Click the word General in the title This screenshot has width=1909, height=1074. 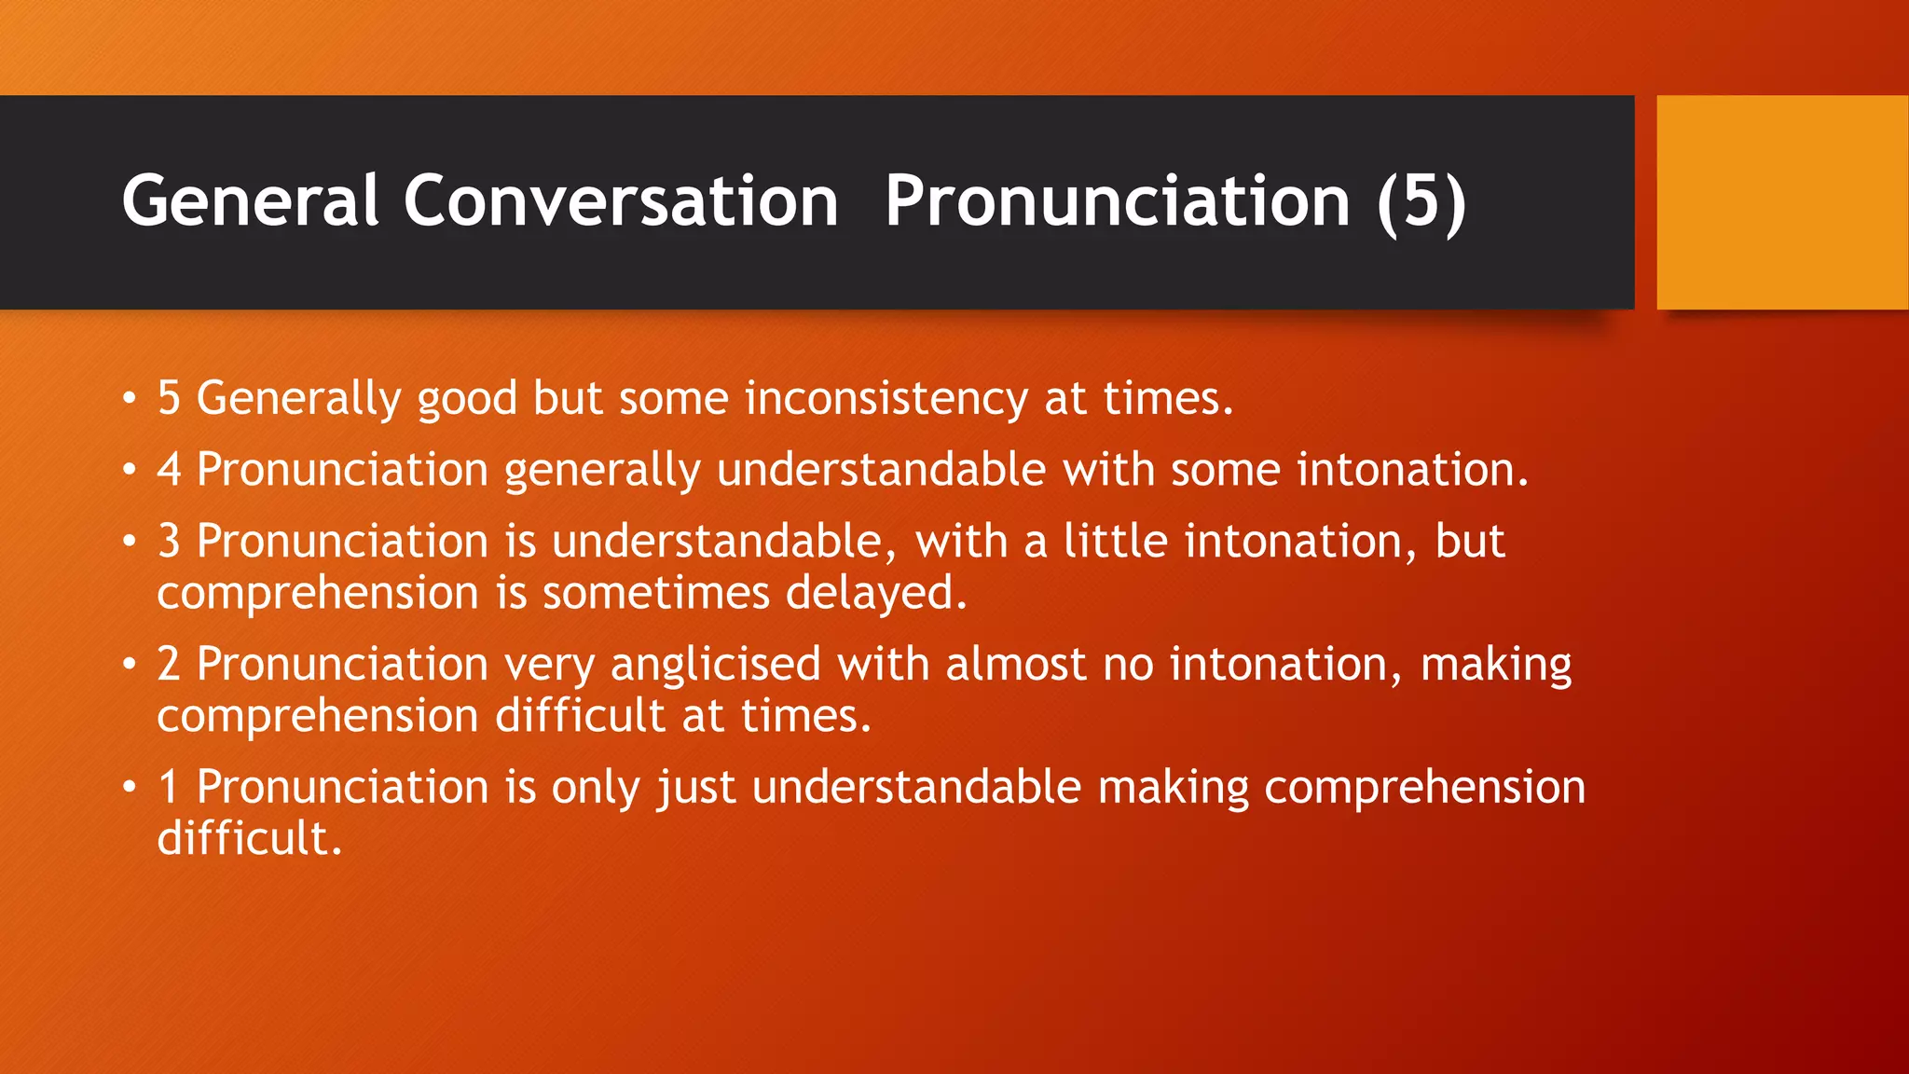(x=250, y=201)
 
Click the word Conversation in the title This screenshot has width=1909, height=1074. (x=621, y=201)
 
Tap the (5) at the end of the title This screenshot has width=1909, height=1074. (x=1421, y=201)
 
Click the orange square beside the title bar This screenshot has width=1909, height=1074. (x=1781, y=202)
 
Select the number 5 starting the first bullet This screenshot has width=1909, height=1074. (x=169, y=398)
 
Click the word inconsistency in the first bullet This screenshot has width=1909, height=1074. (x=886, y=399)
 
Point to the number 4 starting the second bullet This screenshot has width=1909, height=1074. (x=169, y=469)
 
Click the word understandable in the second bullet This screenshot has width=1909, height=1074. (x=881, y=469)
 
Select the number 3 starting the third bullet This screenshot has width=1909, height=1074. (x=169, y=542)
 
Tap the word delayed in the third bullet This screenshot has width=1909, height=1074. (x=876, y=593)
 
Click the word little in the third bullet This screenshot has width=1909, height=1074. (x=1115, y=542)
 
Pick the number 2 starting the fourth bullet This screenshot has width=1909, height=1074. (x=169, y=665)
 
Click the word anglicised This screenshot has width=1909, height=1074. (x=715, y=665)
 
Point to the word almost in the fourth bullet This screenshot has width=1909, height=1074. (x=1015, y=665)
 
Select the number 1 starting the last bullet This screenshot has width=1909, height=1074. (x=169, y=787)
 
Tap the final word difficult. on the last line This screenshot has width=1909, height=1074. (x=249, y=838)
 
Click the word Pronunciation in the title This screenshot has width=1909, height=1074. (x=1117, y=201)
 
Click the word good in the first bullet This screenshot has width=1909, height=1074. (x=466, y=400)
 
